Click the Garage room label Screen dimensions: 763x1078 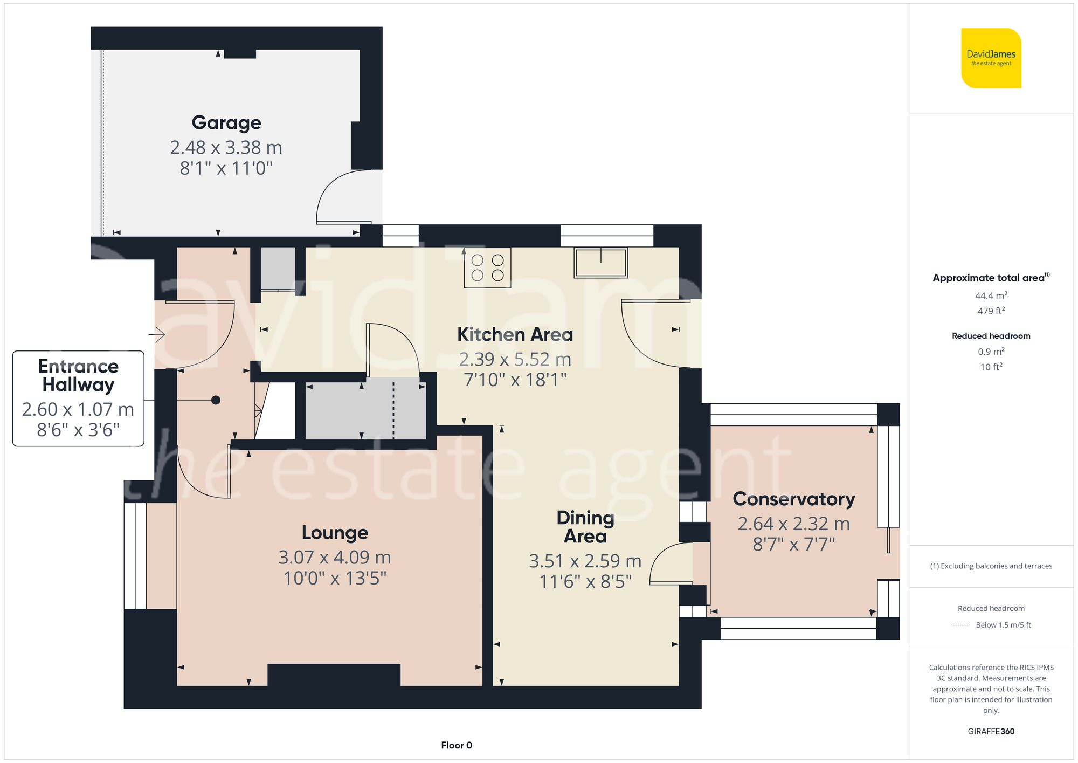(226, 123)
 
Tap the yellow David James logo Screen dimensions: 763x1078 (991, 58)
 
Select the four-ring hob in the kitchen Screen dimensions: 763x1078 (487, 267)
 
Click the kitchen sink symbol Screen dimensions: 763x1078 (600, 263)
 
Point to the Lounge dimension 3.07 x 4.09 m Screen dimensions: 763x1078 (334, 557)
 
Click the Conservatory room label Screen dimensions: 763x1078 (793, 499)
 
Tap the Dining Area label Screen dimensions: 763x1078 (585, 527)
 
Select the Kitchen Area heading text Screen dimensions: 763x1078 (515, 334)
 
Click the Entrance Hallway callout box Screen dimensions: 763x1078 (78, 398)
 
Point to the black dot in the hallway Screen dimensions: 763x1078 (216, 400)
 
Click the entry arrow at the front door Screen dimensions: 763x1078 (157, 335)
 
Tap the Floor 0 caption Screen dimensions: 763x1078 (456, 745)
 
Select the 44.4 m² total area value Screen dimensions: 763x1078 (991, 295)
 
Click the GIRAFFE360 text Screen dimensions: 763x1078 (991, 731)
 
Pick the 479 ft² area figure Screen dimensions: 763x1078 (991, 311)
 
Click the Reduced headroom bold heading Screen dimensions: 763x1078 (991, 336)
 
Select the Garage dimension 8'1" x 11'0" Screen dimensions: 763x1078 (226, 168)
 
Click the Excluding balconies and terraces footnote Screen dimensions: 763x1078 (991, 566)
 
